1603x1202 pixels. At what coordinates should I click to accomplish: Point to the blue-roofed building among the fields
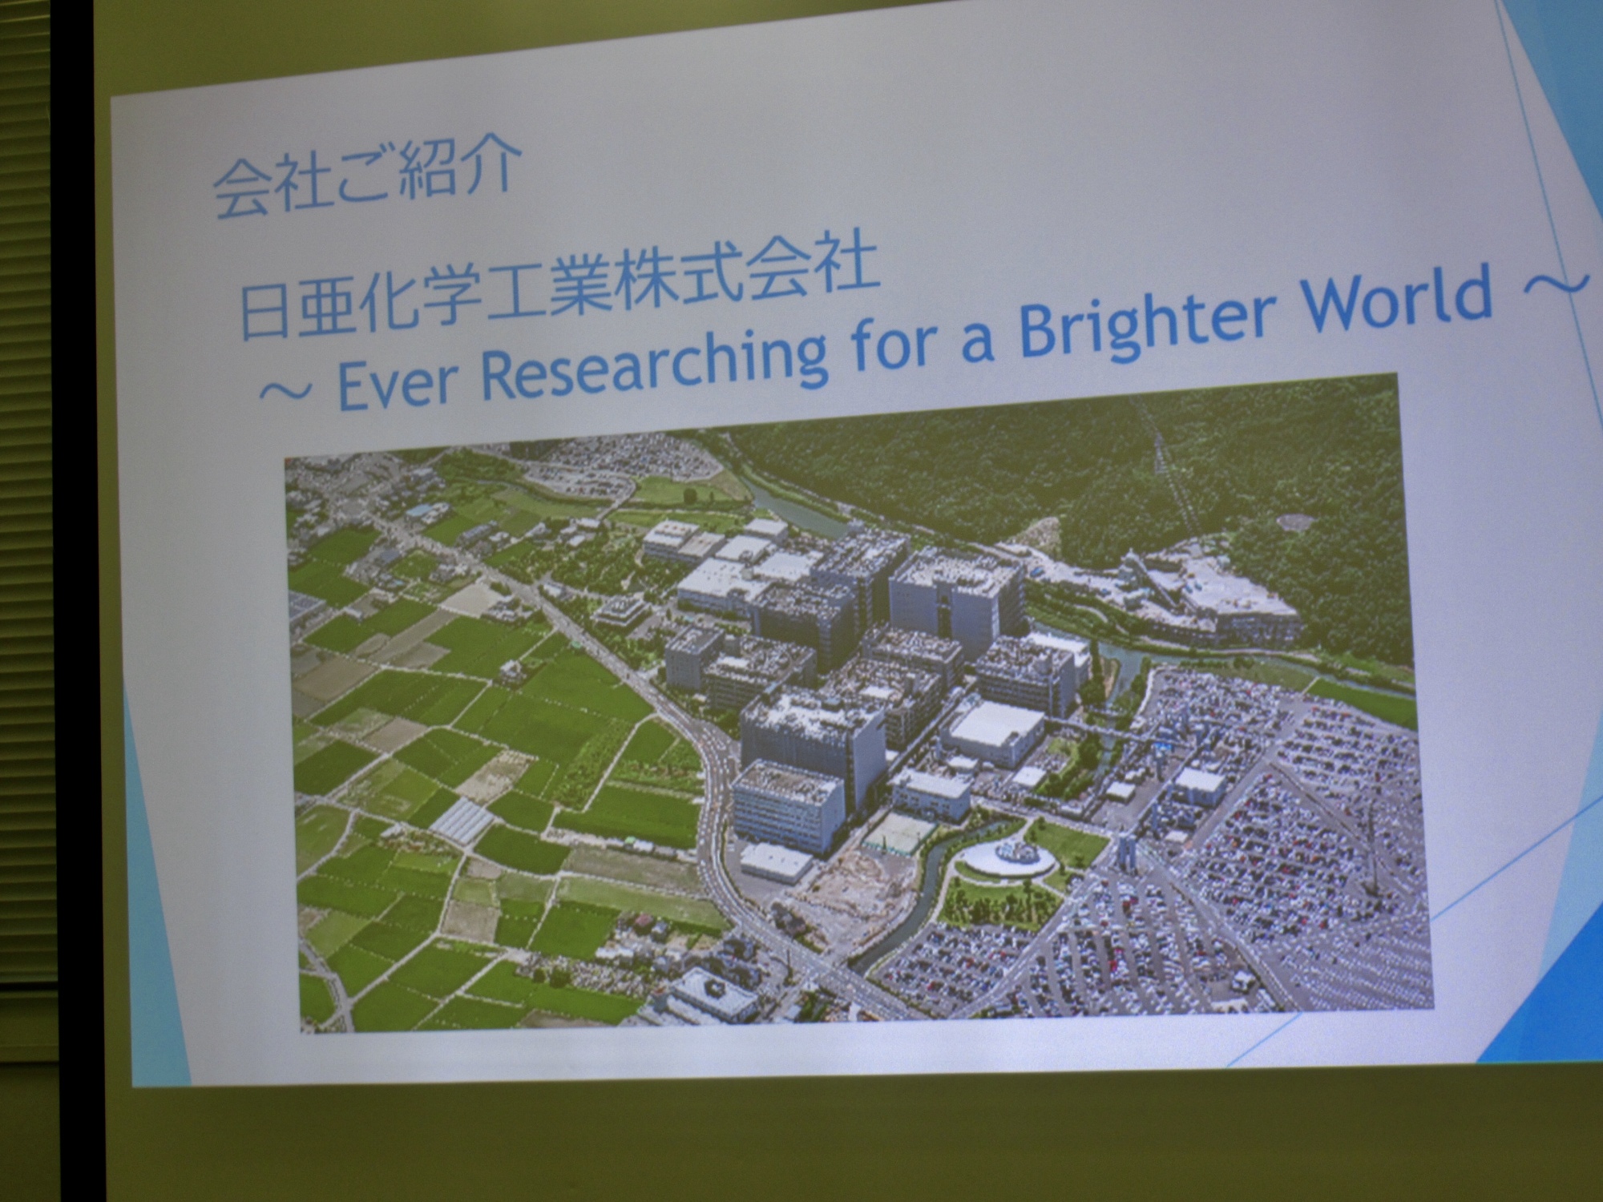point(418,510)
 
